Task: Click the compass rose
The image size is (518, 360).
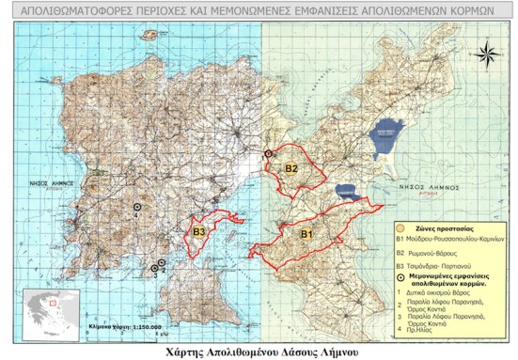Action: pos(487,54)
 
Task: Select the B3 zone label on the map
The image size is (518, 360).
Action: pos(198,231)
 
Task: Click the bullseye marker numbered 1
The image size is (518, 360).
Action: pos(268,152)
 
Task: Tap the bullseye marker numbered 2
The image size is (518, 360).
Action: pos(162,264)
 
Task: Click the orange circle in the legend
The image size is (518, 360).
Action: pos(401,227)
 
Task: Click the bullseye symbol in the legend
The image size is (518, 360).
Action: pos(401,280)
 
